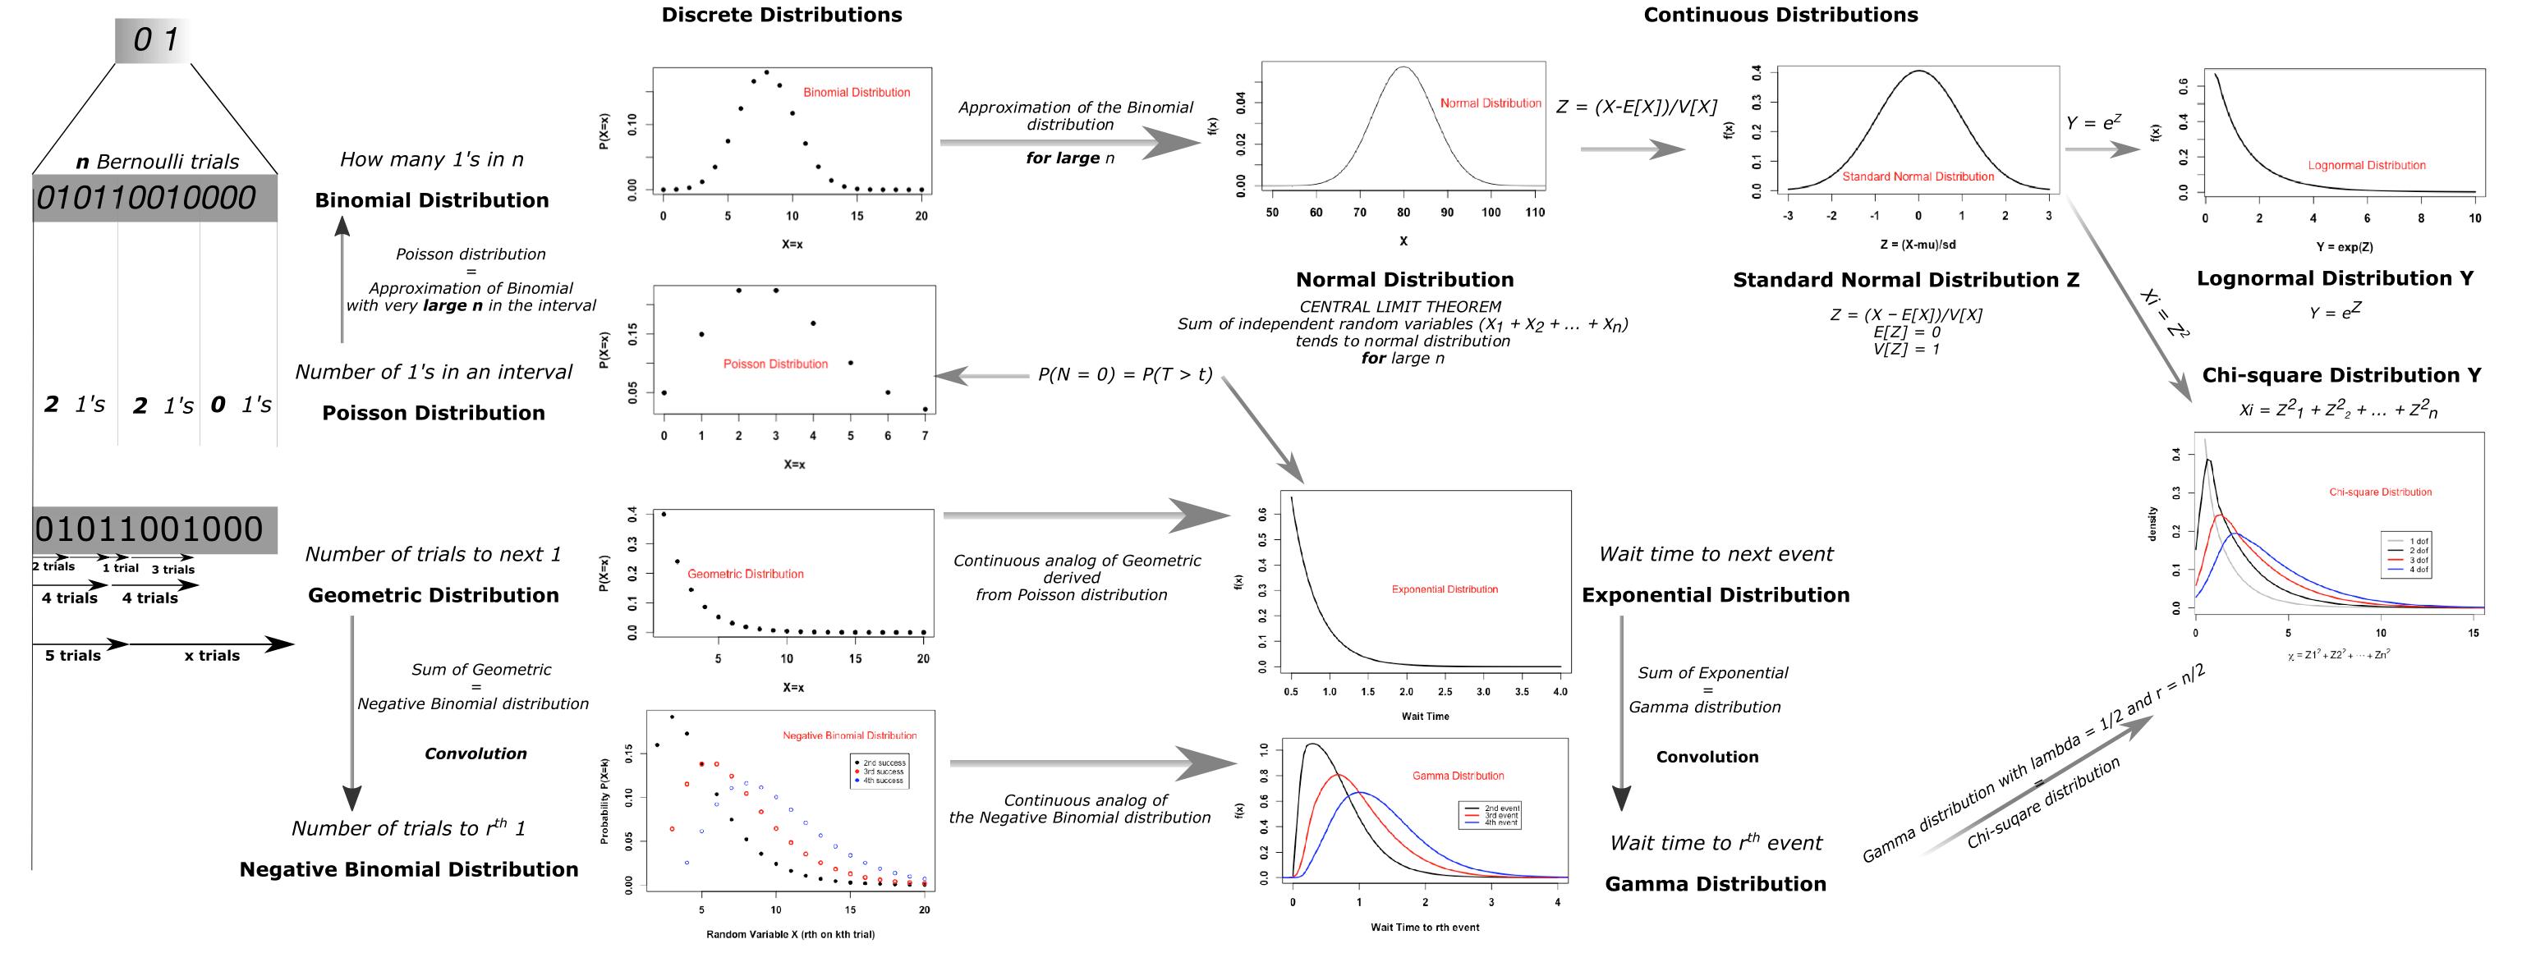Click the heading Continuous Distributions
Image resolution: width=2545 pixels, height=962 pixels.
pyautogui.click(x=1780, y=15)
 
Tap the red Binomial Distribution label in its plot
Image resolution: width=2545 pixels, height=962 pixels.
pyautogui.click(x=856, y=92)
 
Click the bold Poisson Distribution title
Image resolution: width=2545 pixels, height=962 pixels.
pyautogui.click(x=433, y=413)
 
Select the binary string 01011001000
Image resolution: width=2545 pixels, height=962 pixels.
pyautogui.click(x=149, y=529)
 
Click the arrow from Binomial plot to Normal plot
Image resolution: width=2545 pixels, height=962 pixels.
pyautogui.click(x=1072, y=143)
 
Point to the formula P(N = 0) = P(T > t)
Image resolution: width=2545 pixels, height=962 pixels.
pyautogui.click(x=1124, y=375)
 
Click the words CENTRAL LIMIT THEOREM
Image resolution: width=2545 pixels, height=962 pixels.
pyautogui.click(x=1400, y=307)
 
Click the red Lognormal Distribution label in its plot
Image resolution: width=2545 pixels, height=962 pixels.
pyautogui.click(x=2366, y=165)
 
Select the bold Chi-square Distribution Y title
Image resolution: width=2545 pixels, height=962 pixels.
pyautogui.click(x=2341, y=375)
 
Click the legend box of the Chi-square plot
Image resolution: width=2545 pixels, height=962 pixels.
pyautogui.click(x=2407, y=555)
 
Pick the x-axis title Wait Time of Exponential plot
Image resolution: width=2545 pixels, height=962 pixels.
pyautogui.click(x=1425, y=716)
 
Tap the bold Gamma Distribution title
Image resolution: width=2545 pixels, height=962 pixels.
pyautogui.click(x=1715, y=884)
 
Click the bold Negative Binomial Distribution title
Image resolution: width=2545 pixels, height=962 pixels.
pyautogui.click(x=409, y=869)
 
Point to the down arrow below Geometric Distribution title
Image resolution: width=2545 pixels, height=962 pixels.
pyautogui.click(x=351, y=711)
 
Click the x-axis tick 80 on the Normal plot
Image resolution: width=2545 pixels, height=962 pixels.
pyautogui.click(x=1403, y=213)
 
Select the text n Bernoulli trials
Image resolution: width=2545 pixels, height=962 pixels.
pyautogui.click(x=157, y=162)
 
